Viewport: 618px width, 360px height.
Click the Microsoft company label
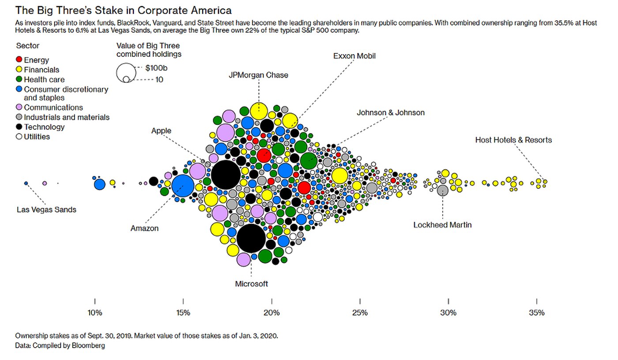click(x=251, y=284)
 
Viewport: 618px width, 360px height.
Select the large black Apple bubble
click(x=226, y=175)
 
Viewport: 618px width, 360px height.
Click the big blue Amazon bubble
click(x=183, y=187)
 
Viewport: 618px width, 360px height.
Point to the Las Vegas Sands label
click(x=46, y=210)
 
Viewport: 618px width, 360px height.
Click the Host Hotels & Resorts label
click(x=513, y=140)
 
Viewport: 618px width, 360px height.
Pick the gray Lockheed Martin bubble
click(x=443, y=190)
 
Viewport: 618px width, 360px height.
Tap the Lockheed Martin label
click(x=442, y=225)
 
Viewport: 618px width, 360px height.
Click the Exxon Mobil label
click(x=354, y=56)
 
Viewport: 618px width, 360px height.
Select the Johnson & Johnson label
click(x=390, y=112)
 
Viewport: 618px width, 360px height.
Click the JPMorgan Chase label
click(x=258, y=75)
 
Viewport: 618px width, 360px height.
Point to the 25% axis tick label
click(x=360, y=313)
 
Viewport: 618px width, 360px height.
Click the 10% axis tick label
click(x=95, y=313)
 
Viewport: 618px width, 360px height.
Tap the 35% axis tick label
click(x=537, y=313)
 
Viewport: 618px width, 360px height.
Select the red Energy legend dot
click(x=19, y=60)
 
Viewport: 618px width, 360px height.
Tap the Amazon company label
click(x=144, y=229)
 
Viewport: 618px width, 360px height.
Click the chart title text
click(x=123, y=10)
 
